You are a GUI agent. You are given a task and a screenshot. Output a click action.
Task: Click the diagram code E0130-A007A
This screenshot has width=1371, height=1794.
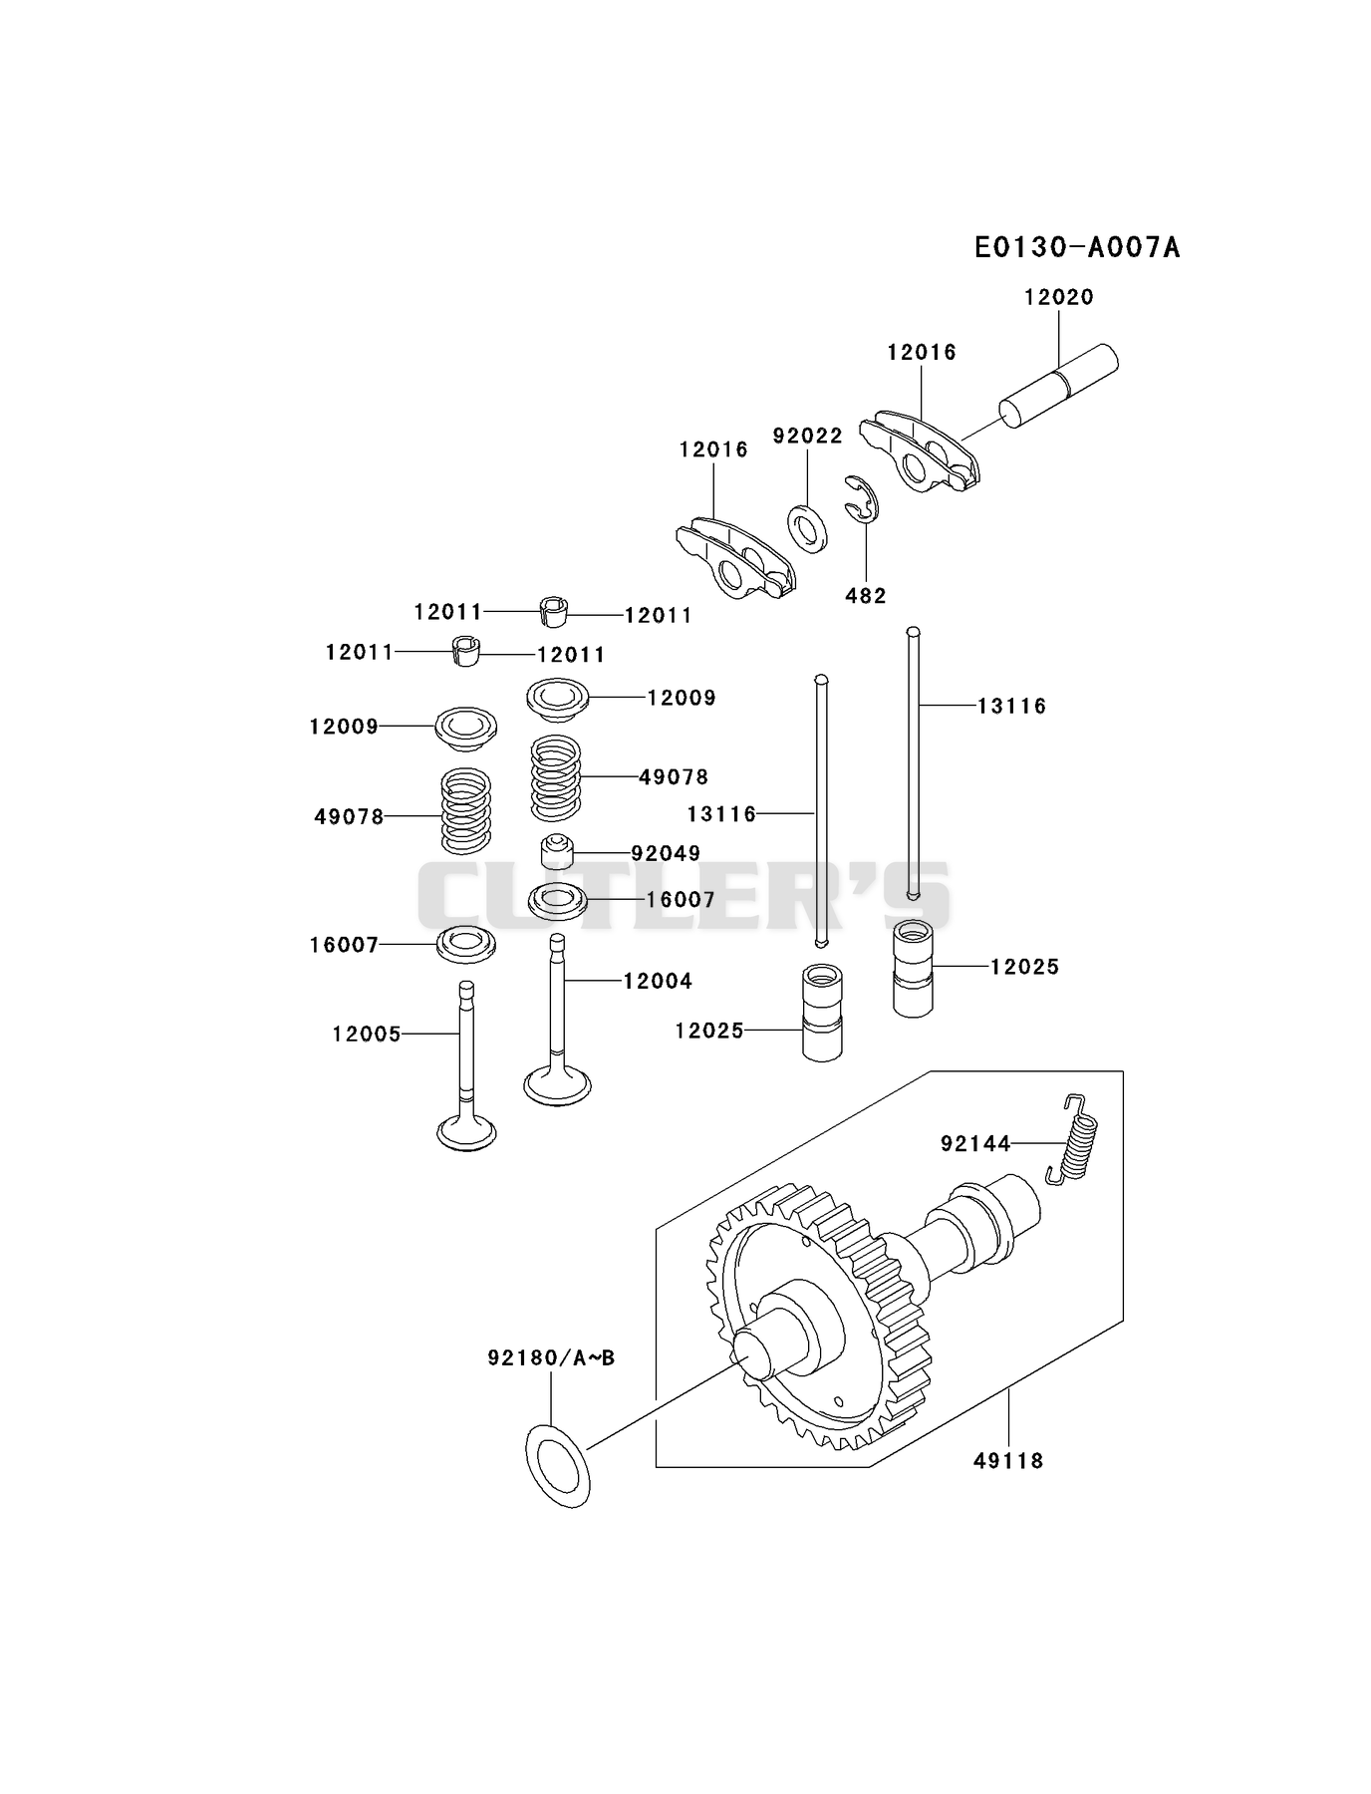tap(1077, 247)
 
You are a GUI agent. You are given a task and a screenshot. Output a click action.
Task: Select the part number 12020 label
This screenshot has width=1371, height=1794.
tap(1059, 297)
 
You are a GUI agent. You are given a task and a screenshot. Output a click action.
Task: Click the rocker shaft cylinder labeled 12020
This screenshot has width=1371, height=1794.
tap(1058, 387)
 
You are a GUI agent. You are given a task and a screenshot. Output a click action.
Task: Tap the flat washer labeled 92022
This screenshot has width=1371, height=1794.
tap(807, 529)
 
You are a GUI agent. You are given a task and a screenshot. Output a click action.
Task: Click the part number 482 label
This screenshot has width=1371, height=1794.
tap(865, 595)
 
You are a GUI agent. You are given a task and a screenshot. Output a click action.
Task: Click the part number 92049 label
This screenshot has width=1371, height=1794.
tap(666, 853)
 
